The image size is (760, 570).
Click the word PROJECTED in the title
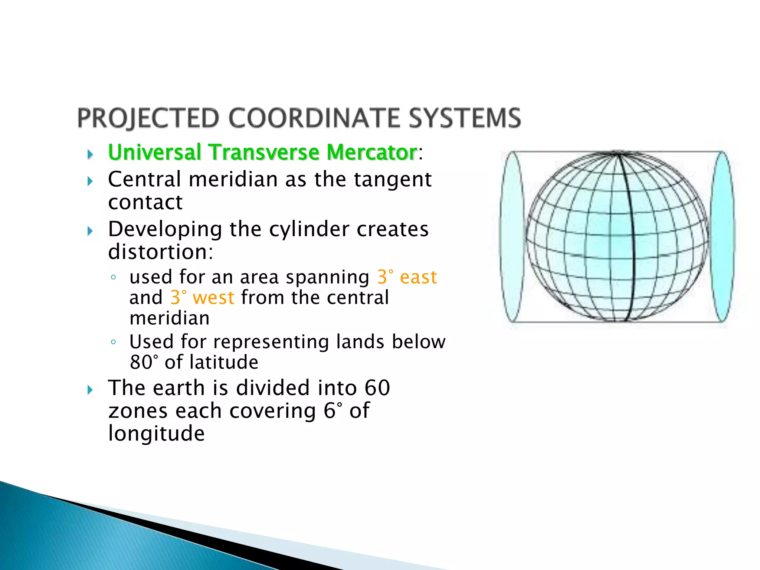click(x=148, y=118)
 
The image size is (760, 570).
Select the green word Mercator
click(x=372, y=153)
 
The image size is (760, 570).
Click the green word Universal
click(x=154, y=153)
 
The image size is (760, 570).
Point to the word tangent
click(x=393, y=180)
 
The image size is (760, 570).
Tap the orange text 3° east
click(x=407, y=278)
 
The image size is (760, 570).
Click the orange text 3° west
click(x=202, y=298)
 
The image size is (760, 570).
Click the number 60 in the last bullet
click(x=377, y=388)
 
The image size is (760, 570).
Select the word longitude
click(x=156, y=433)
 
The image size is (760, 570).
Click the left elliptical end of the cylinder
click(x=512, y=236)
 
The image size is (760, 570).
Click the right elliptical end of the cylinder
click(x=723, y=236)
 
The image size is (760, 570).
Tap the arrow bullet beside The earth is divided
click(x=90, y=390)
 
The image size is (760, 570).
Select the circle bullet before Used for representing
click(x=114, y=342)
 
